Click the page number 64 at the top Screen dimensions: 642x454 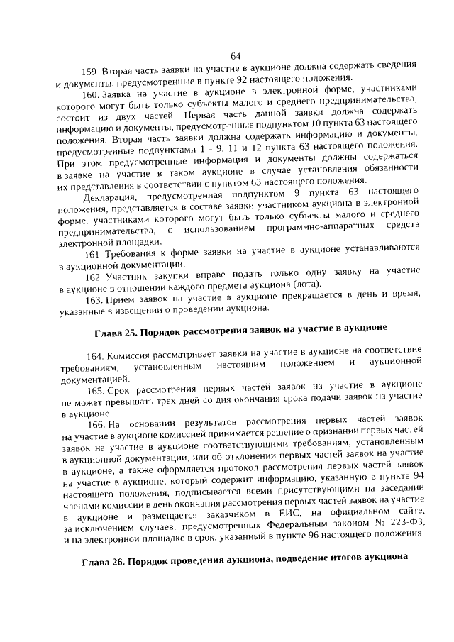[236, 56]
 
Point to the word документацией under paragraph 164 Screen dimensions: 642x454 [92, 379]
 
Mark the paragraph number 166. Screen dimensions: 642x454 [97, 424]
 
